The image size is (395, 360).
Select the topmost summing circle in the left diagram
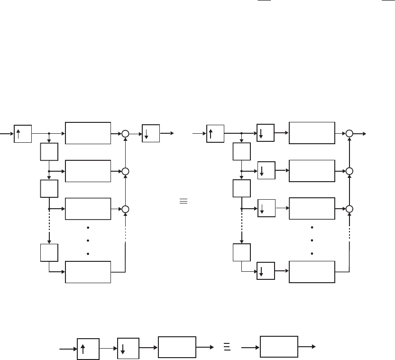tap(125, 134)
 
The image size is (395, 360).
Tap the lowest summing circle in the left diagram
tap(125, 209)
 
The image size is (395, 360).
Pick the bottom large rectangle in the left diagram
tap(88, 272)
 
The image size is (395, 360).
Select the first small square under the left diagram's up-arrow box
tap(49, 152)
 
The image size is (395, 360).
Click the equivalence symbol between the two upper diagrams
tap(183, 201)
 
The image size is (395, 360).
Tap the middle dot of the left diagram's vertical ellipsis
tap(88, 240)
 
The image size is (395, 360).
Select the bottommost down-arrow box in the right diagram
tap(266, 272)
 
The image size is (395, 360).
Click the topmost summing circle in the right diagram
tap(349, 134)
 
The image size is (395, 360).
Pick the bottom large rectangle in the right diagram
tap(312, 272)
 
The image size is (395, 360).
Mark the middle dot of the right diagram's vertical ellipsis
tap(312, 240)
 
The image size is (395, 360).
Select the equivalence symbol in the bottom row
tap(226, 347)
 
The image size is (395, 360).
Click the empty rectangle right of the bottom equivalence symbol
tap(279, 347)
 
